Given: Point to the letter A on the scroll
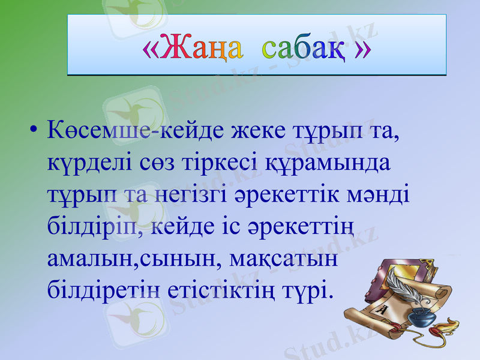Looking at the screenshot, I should click(382, 310).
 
